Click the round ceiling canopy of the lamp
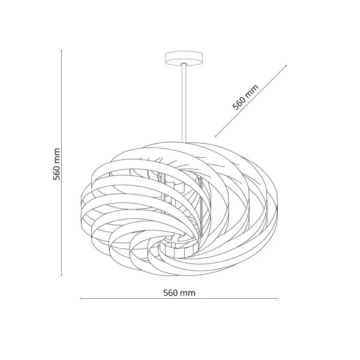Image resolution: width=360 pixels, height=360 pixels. tap(184, 58)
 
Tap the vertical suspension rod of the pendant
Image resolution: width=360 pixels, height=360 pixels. tap(184, 103)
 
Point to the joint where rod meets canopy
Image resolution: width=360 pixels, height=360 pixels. tap(184, 64)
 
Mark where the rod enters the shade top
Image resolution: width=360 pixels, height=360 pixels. tap(184, 142)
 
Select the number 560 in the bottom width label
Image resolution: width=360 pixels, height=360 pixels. tap(170, 293)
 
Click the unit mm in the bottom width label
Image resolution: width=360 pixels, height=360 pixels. tap(188, 293)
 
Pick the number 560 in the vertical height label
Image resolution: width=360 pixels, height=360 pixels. tap(56, 173)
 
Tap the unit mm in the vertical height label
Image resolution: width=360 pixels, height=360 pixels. tap(57, 156)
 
